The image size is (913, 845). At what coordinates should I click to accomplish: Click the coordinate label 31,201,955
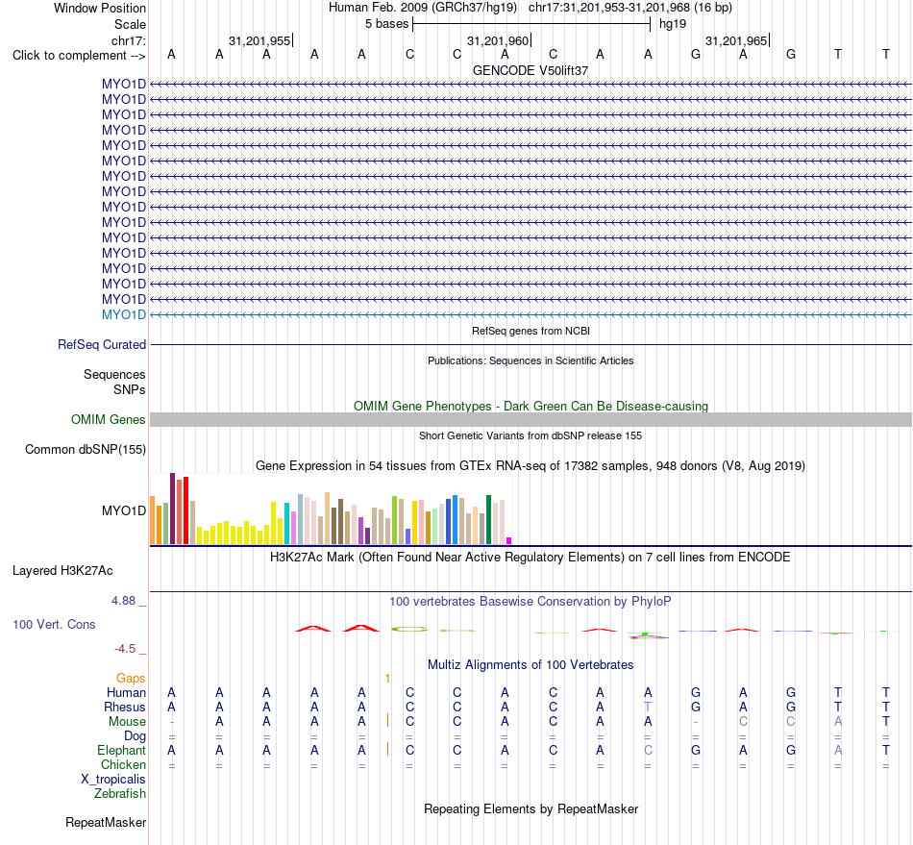pos(259,40)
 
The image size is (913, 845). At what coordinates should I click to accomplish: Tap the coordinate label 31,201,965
pos(736,40)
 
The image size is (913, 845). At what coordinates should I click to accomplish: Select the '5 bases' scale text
pos(386,24)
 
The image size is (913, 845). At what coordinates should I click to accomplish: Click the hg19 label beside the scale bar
pos(673,24)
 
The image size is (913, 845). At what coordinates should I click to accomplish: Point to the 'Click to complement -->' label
pos(79,56)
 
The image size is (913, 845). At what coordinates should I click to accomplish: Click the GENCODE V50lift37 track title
pos(531,70)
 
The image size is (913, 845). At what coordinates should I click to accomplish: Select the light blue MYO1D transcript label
pos(123,314)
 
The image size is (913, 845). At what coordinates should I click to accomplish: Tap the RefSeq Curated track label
pos(102,345)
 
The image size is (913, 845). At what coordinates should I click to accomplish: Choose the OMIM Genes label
pos(109,419)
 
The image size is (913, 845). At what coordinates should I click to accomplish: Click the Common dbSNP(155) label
pos(86,450)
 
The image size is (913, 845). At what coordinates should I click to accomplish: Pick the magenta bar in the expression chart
pos(509,541)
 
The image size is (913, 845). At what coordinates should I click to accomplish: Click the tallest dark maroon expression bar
pos(172,509)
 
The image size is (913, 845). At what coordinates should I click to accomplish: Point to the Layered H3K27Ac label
pos(62,571)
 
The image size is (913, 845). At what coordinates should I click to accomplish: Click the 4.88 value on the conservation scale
pos(123,601)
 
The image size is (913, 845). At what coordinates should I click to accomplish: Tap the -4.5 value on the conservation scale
pos(125,649)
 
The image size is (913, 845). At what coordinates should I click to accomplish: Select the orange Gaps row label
pos(131,678)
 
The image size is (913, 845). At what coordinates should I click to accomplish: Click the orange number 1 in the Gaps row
pos(387,678)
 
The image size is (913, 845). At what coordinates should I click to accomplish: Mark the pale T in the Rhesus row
pos(648,707)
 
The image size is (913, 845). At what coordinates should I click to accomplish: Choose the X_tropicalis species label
pos(113,780)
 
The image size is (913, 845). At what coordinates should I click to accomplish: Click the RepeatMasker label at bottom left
pos(106,822)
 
